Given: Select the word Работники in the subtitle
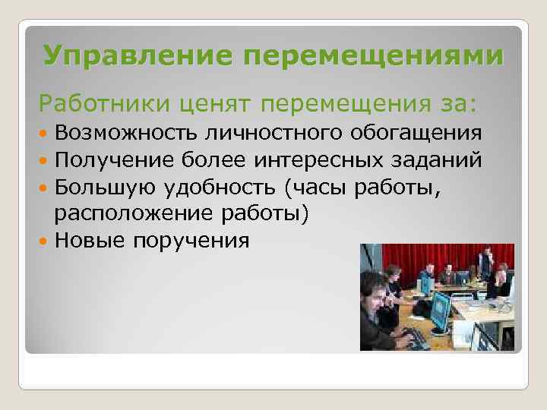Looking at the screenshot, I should click(x=97, y=100).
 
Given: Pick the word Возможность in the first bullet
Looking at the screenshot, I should click(x=126, y=133).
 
